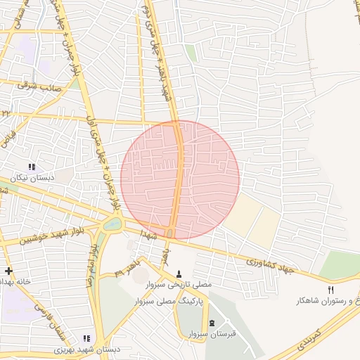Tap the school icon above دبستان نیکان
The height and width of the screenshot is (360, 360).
pos(32,167)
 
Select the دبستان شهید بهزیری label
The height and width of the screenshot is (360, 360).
pos(88,349)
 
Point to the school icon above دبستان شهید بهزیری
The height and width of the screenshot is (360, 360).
pos(86,338)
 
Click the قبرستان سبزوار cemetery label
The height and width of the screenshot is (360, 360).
pos(212,333)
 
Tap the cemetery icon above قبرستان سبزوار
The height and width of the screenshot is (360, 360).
pos(212,322)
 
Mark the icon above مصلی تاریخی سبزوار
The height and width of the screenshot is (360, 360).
pos(179,274)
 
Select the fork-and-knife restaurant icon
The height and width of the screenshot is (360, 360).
pos(331,290)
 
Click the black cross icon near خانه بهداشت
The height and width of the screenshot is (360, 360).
pos(8,271)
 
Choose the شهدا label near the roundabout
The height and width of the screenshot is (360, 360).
pos(146,233)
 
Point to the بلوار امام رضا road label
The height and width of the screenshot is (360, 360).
pos(91,264)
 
